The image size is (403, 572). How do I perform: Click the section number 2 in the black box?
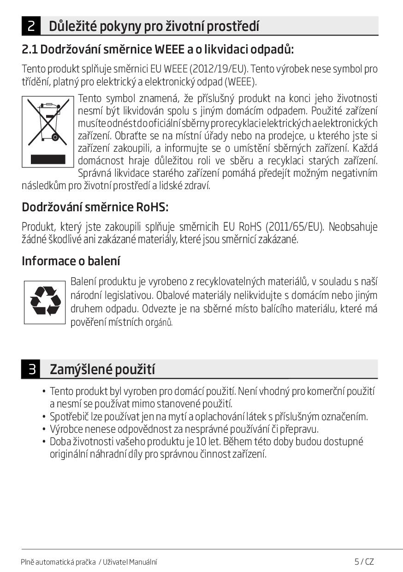tap(31, 26)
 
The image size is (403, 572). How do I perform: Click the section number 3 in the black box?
tap(31, 369)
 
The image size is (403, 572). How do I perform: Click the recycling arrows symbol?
tap(45, 302)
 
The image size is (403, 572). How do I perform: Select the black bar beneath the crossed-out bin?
tap(48, 159)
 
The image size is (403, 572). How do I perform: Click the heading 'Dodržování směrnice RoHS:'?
tap(95, 208)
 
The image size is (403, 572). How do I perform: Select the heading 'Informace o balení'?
tap(71, 261)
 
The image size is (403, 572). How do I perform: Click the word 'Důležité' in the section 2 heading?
tap(71, 26)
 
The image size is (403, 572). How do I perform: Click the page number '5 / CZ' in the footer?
tap(364, 561)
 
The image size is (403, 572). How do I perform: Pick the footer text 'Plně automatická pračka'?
tap(58, 562)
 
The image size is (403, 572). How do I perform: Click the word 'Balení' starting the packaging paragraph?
tap(83, 282)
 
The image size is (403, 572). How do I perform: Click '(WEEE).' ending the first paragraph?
tap(242, 82)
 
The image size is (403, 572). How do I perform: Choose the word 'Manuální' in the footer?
tap(142, 562)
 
